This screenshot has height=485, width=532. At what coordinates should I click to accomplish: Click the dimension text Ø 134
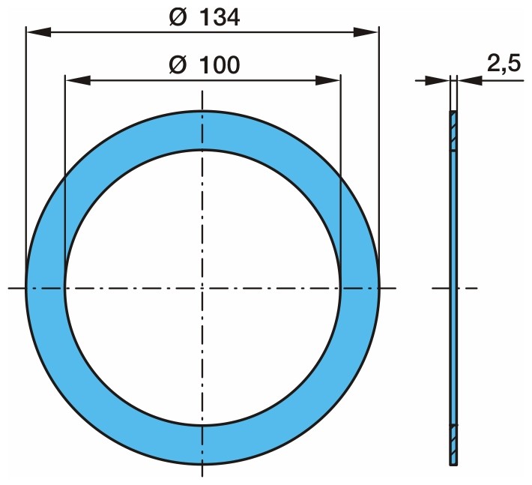205,17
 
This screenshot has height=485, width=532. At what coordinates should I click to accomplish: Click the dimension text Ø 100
205,64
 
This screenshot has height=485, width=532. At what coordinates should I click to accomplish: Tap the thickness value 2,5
504,63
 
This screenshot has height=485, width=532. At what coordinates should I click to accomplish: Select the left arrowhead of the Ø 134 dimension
39,32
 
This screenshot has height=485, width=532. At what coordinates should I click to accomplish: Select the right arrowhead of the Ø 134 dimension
366,32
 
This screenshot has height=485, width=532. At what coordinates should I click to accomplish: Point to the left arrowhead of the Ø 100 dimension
78,81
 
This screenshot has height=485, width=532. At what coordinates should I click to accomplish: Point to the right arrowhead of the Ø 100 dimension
327,81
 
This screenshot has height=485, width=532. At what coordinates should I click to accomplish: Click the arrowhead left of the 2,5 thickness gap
438,81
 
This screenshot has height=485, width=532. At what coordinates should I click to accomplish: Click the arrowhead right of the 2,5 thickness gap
470,81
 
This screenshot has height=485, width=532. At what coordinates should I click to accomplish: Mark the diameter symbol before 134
178,17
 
